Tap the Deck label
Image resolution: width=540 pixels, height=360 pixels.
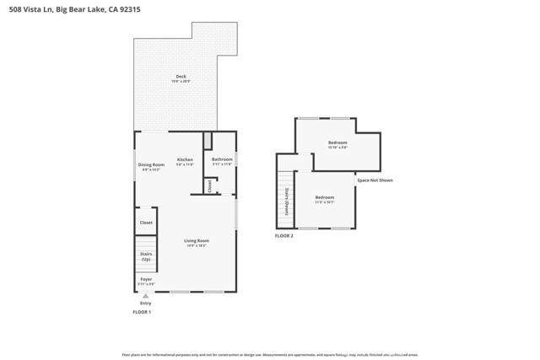coord(181,76)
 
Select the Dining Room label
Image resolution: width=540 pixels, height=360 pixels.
coord(151,164)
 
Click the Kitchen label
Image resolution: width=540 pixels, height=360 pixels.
coord(185,159)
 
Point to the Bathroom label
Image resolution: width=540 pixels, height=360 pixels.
coord(222,159)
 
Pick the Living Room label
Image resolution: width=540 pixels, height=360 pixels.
coord(197,240)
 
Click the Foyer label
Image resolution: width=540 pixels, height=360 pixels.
coord(146,278)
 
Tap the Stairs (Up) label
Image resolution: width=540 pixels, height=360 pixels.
coord(146,255)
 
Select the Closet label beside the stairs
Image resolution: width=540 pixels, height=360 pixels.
coord(146,223)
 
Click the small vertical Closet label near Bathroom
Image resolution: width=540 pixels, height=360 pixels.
coord(210,185)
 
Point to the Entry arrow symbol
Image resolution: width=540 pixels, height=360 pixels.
coord(146,296)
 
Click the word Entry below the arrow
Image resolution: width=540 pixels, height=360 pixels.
coord(146,303)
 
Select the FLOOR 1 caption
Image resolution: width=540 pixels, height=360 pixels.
coord(142,312)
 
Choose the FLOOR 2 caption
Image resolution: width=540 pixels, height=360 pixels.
coord(284,235)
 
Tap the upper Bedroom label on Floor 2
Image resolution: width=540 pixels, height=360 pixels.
coord(337,142)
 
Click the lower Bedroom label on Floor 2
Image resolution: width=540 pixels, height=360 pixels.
coord(325,197)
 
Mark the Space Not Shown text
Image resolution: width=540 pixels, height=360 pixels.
coord(375,180)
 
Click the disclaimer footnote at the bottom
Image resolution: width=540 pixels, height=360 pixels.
coord(270,354)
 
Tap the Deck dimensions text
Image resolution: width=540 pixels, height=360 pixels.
coord(181,81)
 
